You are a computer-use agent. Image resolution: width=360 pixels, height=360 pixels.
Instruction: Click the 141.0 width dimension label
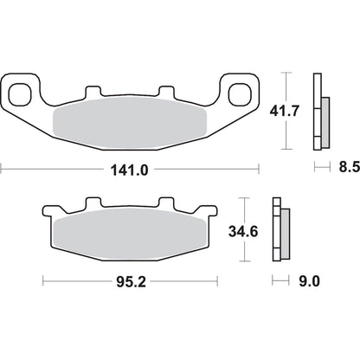pos(130,170)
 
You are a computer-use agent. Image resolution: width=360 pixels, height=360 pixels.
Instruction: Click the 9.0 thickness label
pos(308,280)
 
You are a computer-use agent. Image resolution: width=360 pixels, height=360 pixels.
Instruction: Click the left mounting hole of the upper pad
pos(24,91)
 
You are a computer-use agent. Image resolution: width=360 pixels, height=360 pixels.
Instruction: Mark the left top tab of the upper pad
pos(93,93)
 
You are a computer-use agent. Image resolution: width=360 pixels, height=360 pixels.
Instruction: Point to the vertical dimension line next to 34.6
pos(248,231)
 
